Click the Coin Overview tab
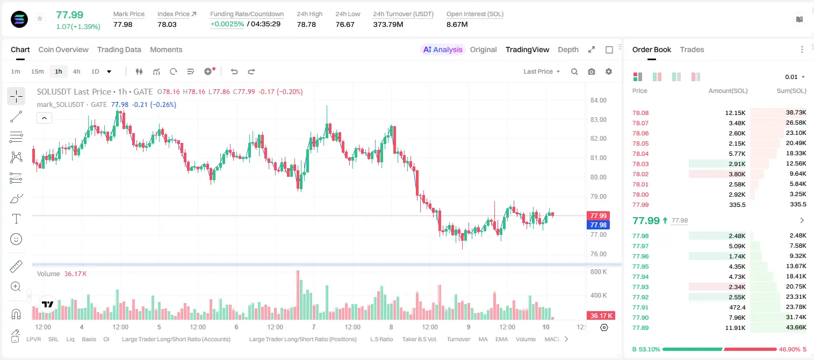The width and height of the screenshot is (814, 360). click(63, 49)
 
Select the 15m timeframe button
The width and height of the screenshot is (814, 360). click(38, 71)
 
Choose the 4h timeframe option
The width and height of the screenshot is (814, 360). click(76, 71)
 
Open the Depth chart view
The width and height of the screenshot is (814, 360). click(568, 49)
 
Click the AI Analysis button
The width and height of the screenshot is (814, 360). click(443, 49)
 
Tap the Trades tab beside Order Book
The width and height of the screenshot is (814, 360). click(692, 49)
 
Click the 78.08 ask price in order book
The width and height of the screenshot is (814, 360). click(640, 113)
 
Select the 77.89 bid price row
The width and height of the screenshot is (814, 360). click(640, 328)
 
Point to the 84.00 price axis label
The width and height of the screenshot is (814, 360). click(598, 100)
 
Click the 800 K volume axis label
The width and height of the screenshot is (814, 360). click(599, 272)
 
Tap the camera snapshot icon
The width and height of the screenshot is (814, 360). click(592, 71)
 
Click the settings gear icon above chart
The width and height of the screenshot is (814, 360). click(609, 71)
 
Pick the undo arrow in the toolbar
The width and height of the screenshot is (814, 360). click(234, 71)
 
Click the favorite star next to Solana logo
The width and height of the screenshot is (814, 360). click(40, 18)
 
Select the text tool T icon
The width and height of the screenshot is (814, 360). click(16, 219)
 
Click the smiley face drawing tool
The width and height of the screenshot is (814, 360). click(16, 239)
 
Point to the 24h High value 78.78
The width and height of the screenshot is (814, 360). click(306, 24)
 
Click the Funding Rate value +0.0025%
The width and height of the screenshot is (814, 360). click(227, 24)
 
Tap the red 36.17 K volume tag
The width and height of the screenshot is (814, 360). click(600, 316)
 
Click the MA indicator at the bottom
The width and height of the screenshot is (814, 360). click(483, 339)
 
